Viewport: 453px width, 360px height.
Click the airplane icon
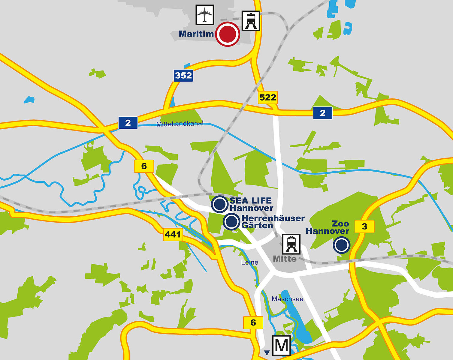(x=205, y=15)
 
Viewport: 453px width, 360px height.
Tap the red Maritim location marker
(x=228, y=34)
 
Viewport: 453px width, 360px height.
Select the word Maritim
(x=196, y=34)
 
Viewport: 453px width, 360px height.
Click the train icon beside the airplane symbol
(x=251, y=21)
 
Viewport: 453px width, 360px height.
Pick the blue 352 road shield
(x=183, y=75)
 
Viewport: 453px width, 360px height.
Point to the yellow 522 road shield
(x=268, y=97)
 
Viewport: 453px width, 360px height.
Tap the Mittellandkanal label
(x=180, y=124)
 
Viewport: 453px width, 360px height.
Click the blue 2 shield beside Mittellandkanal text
(x=128, y=123)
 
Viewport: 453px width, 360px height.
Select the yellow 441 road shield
(x=173, y=234)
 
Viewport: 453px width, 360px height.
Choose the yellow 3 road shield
(x=364, y=226)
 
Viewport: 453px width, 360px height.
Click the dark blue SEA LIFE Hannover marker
(x=220, y=204)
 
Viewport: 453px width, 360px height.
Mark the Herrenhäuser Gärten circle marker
(x=231, y=222)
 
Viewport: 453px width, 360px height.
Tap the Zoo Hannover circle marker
(x=341, y=245)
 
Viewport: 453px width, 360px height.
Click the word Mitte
(x=285, y=259)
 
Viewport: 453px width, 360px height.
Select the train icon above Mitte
(x=291, y=244)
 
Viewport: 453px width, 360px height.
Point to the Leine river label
(x=249, y=262)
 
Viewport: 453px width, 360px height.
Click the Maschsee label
(x=287, y=299)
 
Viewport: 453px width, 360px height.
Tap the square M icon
(x=281, y=345)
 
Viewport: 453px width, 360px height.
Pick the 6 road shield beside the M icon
(x=253, y=322)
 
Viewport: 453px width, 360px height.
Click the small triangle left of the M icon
(x=267, y=352)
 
